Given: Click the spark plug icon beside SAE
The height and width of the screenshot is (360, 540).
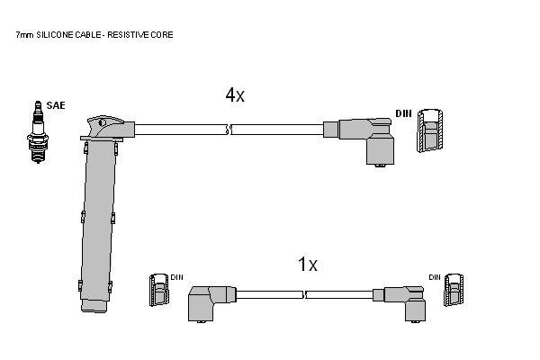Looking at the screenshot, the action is tap(38, 132).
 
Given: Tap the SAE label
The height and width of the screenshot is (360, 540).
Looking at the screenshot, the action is tap(56, 105).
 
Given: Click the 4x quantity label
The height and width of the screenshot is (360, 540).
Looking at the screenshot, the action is tap(235, 94).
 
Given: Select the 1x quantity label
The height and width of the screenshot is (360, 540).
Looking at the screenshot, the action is tap(307, 265).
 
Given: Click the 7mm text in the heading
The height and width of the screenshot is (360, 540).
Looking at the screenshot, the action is tap(25, 35).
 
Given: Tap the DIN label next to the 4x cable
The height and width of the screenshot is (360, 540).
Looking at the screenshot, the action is tap(403, 113).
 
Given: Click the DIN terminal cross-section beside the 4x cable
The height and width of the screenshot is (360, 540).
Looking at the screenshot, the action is tap(430, 130).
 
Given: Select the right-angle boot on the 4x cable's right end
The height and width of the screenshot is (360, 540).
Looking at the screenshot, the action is tap(365, 141).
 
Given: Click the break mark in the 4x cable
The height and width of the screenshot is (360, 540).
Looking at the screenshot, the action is tap(229, 130).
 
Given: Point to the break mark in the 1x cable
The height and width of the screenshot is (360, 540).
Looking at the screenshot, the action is tap(304, 294).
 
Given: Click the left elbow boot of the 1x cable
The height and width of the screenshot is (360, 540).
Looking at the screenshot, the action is tap(211, 304).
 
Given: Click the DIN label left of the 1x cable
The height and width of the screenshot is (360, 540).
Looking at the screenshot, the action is tap(176, 277).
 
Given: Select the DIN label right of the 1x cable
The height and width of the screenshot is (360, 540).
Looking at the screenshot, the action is tap(435, 277).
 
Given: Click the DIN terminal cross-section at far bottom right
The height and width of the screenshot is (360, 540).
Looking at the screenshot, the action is tap(454, 290).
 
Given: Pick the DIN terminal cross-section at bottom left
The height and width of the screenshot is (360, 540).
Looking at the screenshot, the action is tap(159, 290).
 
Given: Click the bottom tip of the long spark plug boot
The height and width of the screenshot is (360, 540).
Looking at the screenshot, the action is tap(94, 311).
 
